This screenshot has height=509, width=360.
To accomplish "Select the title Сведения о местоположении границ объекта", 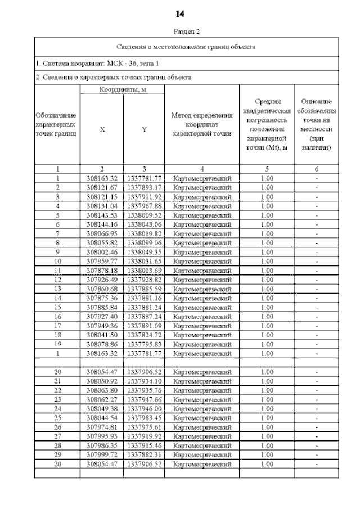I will (186, 47).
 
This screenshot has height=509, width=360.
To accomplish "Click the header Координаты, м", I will (123, 89).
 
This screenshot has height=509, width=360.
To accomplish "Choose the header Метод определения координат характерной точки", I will (201, 125).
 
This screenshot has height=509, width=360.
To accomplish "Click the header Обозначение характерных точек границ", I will (57, 124).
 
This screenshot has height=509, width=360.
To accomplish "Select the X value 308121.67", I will (102, 187).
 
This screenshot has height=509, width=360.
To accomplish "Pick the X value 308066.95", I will (102, 233).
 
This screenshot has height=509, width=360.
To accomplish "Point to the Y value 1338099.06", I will (144, 242).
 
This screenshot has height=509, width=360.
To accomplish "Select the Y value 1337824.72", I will (144, 334).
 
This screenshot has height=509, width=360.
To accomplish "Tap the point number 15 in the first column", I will (57, 307).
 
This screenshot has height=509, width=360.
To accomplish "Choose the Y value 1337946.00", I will (144, 407).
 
